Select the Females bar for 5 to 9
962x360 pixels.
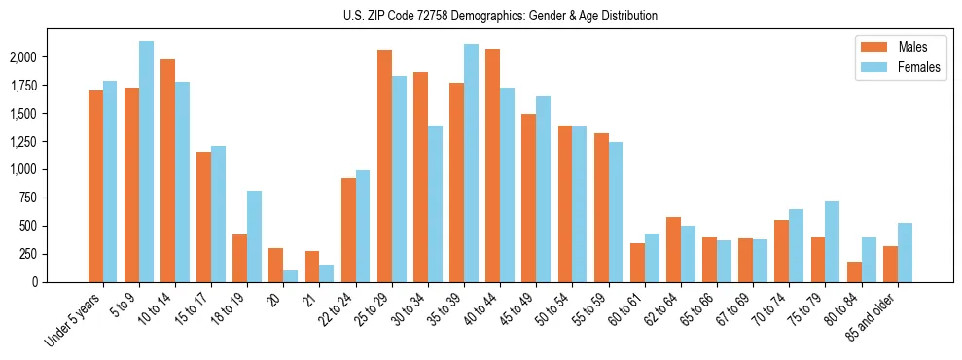(146, 162)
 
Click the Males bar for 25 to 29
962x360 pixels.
(384, 165)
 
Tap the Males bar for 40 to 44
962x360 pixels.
(492, 165)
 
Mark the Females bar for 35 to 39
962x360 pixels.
(471, 162)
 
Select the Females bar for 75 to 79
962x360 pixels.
(832, 241)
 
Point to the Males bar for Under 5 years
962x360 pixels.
(95, 186)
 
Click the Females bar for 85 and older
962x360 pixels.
(905, 252)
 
